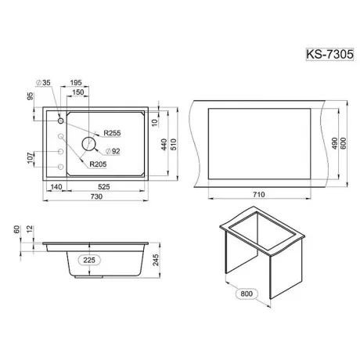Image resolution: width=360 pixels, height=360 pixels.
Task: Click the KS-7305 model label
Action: [329, 54]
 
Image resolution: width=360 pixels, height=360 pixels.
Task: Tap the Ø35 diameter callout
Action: [43, 83]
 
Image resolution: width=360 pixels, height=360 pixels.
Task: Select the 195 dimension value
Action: [76, 83]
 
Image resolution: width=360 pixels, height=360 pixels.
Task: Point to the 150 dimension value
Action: [78, 92]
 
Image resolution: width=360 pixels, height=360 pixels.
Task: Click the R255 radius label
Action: [112, 133]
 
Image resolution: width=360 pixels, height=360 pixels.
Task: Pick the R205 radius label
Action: [98, 164]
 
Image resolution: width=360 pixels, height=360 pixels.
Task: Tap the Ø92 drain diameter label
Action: [113, 151]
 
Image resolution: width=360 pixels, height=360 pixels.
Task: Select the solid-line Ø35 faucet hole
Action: [61, 121]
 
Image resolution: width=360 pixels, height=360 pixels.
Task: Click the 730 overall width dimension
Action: [96, 196]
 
